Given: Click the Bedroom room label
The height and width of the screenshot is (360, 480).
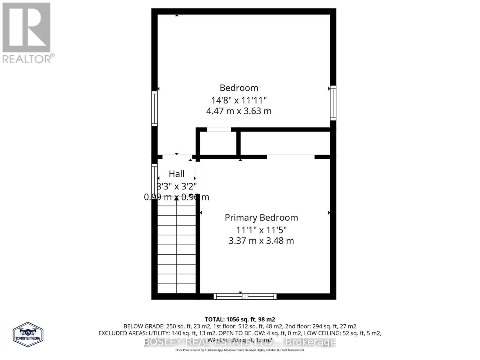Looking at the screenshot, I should pyautogui.click(x=239, y=88).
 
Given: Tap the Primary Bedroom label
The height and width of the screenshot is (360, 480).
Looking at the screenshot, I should pyautogui.click(x=261, y=217).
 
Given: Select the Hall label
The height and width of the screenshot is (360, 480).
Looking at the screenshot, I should pyautogui.click(x=176, y=174).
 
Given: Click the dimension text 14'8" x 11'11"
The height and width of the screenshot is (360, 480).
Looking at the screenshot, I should pyautogui.click(x=239, y=100).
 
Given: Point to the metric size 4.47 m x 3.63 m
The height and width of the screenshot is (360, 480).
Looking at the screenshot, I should pyautogui.click(x=239, y=111).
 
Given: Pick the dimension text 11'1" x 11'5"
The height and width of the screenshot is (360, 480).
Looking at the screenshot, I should pyautogui.click(x=261, y=230).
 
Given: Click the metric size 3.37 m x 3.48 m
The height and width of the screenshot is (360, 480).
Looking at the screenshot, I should pyautogui.click(x=261, y=241).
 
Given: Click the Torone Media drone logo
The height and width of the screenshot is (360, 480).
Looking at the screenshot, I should pyautogui.click(x=28, y=334).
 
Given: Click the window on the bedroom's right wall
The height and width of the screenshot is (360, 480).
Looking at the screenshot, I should pyautogui.click(x=333, y=103).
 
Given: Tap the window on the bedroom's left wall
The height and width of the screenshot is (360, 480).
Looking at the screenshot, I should pyautogui.click(x=154, y=108).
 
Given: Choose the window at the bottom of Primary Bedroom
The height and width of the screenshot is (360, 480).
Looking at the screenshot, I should pyautogui.click(x=245, y=296).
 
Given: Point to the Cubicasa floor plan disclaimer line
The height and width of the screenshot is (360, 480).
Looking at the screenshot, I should pyautogui.click(x=240, y=350).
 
